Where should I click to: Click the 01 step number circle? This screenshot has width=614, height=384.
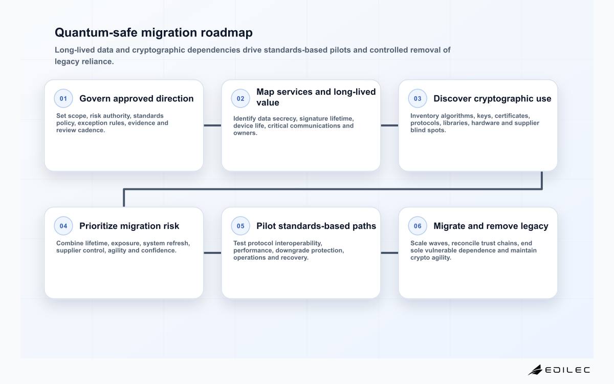(x=63, y=98)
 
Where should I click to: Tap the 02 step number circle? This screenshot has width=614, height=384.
(x=240, y=98)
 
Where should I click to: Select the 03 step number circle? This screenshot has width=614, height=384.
(x=418, y=98)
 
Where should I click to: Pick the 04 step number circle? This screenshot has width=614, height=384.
(x=63, y=226)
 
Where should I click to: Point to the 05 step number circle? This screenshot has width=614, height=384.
(x=240, y=226)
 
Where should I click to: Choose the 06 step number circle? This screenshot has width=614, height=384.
(x=418, y=226)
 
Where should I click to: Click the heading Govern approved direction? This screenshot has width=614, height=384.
(x=137, y=98)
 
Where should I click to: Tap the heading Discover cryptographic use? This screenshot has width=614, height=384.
(x=492, y=98)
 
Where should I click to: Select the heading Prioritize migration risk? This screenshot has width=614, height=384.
(x=129, y=226)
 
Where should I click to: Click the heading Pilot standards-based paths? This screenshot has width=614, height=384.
(x=316, y=226)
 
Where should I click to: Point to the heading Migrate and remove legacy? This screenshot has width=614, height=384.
(x=491, y=226)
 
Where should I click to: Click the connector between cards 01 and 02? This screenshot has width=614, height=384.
(x=212, y=125)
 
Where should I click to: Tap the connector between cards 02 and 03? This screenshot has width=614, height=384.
(x=389, y=125)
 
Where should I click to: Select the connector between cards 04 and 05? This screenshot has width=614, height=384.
(x=212, y=252)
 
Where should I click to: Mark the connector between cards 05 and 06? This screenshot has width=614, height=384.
(x=389, y=252)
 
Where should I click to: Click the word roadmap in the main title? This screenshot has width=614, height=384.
(x=227, y=33)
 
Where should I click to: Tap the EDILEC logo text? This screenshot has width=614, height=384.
(x=567, y=370)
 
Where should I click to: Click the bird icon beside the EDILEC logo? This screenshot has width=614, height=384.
(x=535, y=370)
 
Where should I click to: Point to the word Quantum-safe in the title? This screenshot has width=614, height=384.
(x=96, y=32)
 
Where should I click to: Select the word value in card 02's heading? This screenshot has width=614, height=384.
(x=268, y=102)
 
